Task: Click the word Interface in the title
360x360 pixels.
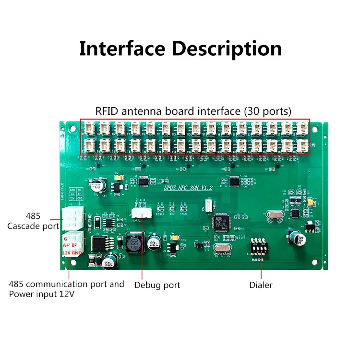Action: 122,49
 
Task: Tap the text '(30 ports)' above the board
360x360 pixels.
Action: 267,111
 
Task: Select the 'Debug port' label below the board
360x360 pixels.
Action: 157,285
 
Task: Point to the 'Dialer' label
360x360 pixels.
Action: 261,285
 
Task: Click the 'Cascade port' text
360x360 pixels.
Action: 33,226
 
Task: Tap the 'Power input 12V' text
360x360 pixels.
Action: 42,294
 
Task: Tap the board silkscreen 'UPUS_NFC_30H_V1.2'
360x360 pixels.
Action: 178,189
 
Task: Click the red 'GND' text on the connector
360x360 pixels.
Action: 78,252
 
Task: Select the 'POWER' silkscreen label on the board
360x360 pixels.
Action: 160,215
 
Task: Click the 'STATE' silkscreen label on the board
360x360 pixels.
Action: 184,215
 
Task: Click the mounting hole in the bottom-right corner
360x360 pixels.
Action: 315,263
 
